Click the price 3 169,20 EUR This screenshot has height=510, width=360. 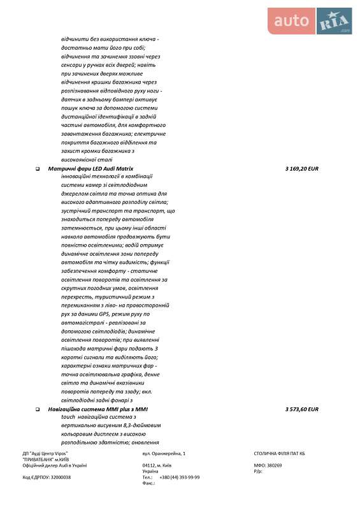point(302,168)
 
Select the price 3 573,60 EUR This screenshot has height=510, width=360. point(302,409)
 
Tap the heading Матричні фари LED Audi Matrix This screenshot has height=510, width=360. point(91,168)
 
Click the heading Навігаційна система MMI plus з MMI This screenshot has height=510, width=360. point(98,409)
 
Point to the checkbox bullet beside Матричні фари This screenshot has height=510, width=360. point(38,169)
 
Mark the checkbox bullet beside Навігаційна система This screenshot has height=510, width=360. point(38,409)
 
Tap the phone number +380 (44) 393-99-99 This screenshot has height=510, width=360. point(179,477)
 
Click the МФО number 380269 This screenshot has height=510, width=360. point(274,465)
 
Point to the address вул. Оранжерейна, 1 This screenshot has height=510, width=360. point(164,453)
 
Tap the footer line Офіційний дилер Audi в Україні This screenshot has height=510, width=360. point(55,465)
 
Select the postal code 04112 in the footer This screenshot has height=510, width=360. point(150,465)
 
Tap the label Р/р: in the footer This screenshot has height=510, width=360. point(257,471)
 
